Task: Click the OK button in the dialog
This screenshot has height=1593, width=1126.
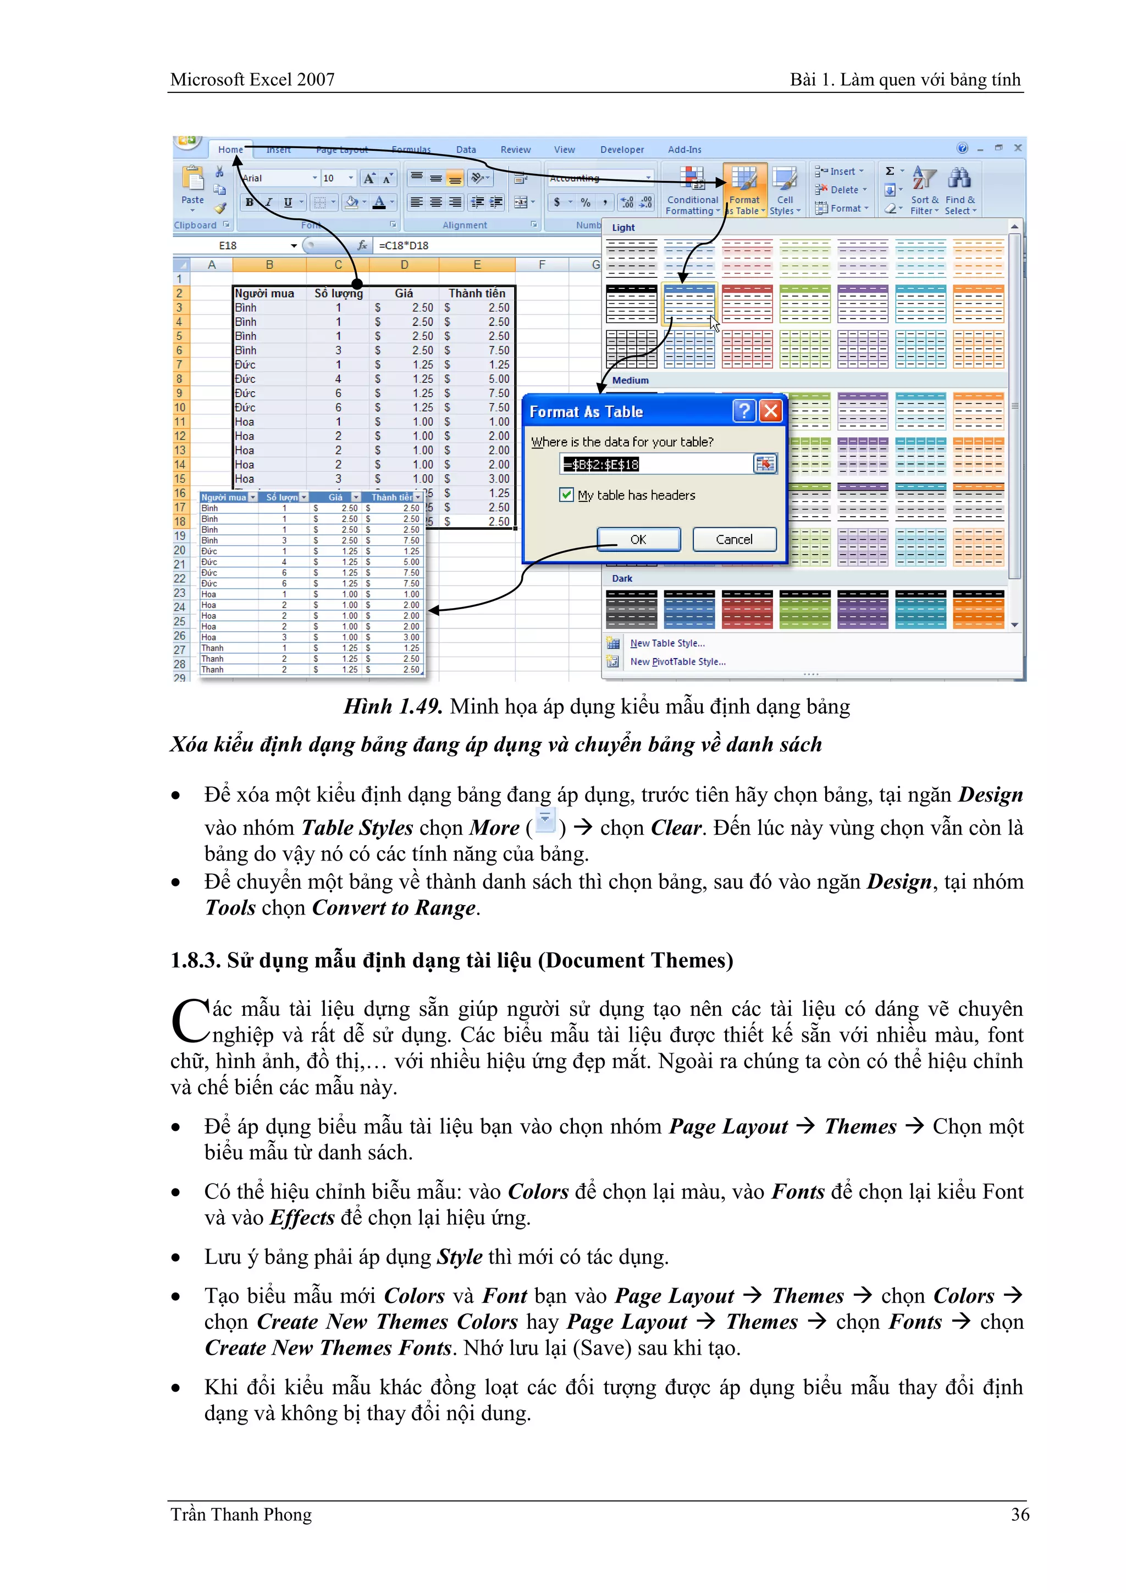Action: (x=638, y=539)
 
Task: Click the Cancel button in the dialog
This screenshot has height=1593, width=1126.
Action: (x=734, y=539)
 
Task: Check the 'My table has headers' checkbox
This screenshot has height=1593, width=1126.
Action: (x=566, y=495)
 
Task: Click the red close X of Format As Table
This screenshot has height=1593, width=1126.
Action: (x=771, y=412)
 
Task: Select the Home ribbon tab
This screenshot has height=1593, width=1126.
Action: (x=230, y=149)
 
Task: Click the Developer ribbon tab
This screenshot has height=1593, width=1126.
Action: (x=622, y=149)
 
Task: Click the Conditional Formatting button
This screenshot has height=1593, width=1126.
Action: (x=692, y=191)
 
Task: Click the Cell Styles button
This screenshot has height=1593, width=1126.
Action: (x=785, y=191)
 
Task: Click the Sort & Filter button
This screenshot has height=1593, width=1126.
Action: (x=924, y=191)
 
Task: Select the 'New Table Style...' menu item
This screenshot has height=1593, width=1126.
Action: (x=667, y=643)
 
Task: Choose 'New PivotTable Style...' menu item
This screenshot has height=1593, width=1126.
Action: (x=677, y=661)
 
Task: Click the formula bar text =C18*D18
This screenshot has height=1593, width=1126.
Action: (x=404, y=245)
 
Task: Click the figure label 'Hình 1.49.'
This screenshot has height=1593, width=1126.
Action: (x=393, y=707)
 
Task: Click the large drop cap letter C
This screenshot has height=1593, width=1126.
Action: (x=190, y=1021)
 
